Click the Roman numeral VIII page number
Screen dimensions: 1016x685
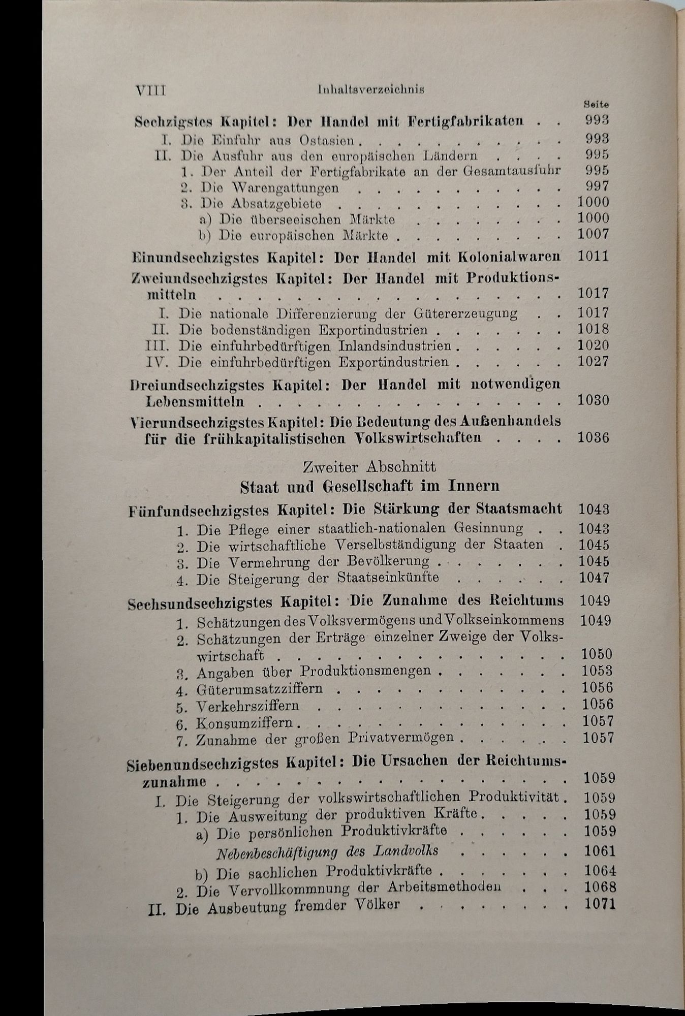tap(151, 90)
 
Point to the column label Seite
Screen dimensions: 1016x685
tap(597, 104)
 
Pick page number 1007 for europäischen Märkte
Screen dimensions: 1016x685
tap(593, 234)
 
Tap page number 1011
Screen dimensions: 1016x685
tap(593, 256)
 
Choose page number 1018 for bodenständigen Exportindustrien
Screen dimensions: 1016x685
tap(593, 329)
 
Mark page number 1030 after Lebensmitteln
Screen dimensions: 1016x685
tap(593, 400)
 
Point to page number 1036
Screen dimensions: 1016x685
tap(593, 437)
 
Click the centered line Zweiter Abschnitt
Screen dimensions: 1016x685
tap(369, 466)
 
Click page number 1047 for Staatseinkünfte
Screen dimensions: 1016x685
tap(594, 578)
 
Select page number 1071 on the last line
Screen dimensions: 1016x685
tap(600, 904)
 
